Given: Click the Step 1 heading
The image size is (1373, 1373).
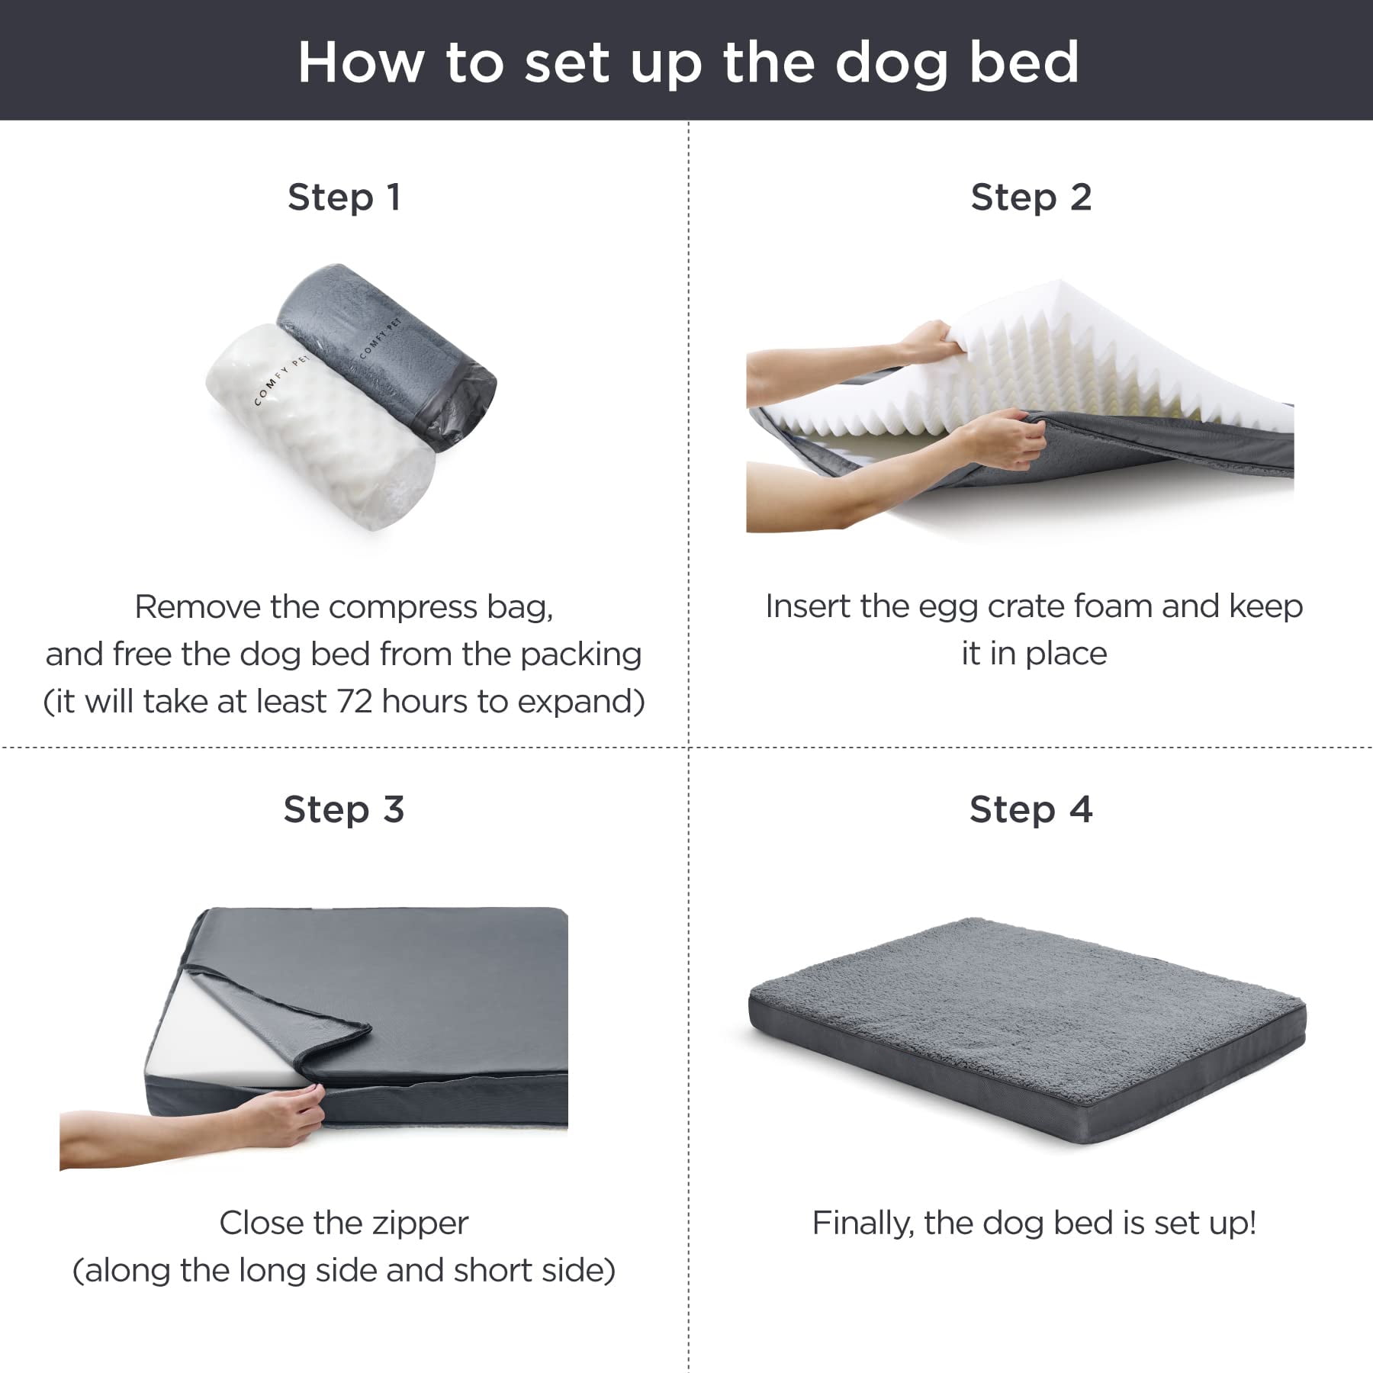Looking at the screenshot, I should (344, 198).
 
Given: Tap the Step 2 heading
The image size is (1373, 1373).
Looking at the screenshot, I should (1031, 198).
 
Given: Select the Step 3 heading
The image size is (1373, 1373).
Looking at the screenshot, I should (344, 809).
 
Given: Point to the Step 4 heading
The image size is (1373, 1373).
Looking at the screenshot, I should (1031, 809).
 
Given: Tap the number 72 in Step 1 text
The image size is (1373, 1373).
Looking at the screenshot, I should (354, 702).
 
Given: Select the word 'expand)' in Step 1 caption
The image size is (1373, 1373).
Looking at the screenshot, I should (590, 702).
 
